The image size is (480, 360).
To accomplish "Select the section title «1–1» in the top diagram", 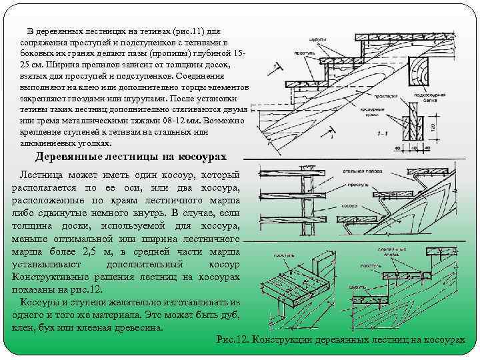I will point(383,134).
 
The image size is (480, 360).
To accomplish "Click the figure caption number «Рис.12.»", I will point(232,339).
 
